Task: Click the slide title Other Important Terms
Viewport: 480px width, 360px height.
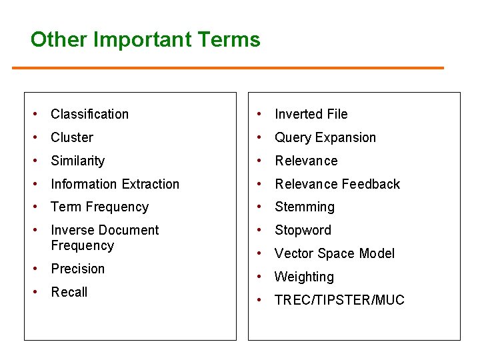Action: click(145, 39)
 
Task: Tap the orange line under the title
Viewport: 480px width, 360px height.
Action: click(227, 68)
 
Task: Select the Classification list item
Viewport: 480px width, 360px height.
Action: click(89, 114)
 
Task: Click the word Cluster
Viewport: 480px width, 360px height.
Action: click(72, 137)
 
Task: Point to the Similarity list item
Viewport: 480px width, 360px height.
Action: click(77, 161)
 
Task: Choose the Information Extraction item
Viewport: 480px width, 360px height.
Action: click(115, 184)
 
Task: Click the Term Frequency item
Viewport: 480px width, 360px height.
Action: click(99, 207)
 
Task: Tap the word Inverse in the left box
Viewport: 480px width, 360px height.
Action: click(71, 230)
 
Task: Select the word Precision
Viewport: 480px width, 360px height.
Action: click(77, 269)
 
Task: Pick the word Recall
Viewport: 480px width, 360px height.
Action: click(69, 292)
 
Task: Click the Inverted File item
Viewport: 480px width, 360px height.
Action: click(311, 114)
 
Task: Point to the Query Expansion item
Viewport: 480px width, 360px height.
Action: click(325, 137)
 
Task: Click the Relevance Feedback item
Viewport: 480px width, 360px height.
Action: click(337, 184)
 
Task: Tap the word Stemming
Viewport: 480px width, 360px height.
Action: click(305, 207)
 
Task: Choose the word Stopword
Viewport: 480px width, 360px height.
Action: click(303, 230)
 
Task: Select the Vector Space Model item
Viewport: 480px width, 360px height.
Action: click(335, 253)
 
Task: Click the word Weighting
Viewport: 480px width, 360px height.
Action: click(304, 277)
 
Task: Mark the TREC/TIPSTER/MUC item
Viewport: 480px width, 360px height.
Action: click(339, 300)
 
